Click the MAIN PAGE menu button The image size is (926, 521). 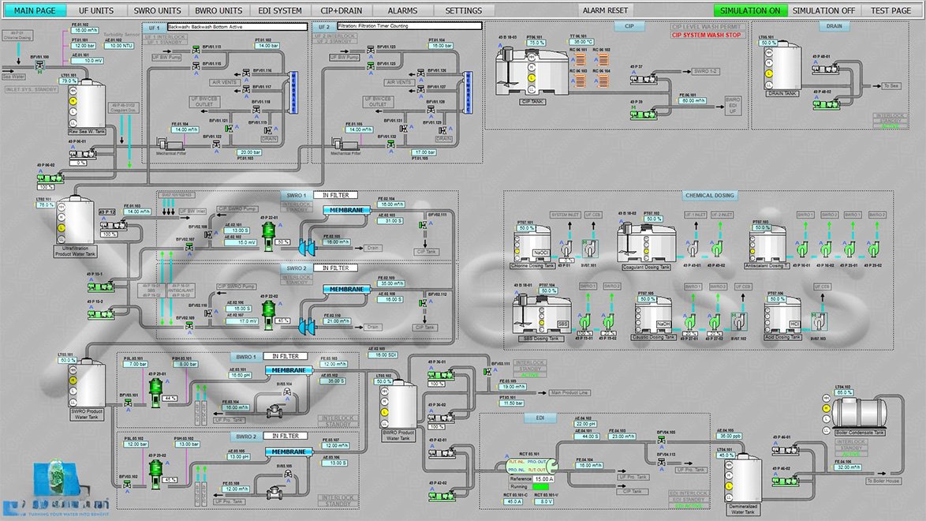35,10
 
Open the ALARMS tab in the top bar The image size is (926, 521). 402,10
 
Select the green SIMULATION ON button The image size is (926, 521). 749,10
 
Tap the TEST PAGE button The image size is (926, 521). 891,10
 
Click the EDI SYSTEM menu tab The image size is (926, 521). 280,10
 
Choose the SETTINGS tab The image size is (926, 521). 464,10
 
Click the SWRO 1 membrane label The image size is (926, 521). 346,209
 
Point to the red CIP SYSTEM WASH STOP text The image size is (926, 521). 705,36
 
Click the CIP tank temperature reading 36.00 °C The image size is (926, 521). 584,42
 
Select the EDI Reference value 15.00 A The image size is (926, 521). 543,478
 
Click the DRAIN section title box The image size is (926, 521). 833,26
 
